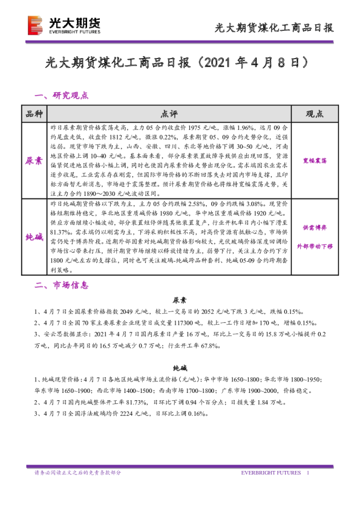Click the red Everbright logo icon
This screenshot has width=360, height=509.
click(x=35, y=25)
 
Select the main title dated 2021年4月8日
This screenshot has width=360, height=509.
click(x=179, y=63)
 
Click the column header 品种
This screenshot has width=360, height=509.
click(x=34, y=114)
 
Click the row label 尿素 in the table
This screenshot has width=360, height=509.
click(x=34, y=161)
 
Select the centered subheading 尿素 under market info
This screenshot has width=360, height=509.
click(x=180, y=300)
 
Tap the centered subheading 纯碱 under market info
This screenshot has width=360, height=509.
click(x=180, y=368)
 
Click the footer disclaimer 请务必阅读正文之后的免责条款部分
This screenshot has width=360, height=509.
click(x=78, y=472)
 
